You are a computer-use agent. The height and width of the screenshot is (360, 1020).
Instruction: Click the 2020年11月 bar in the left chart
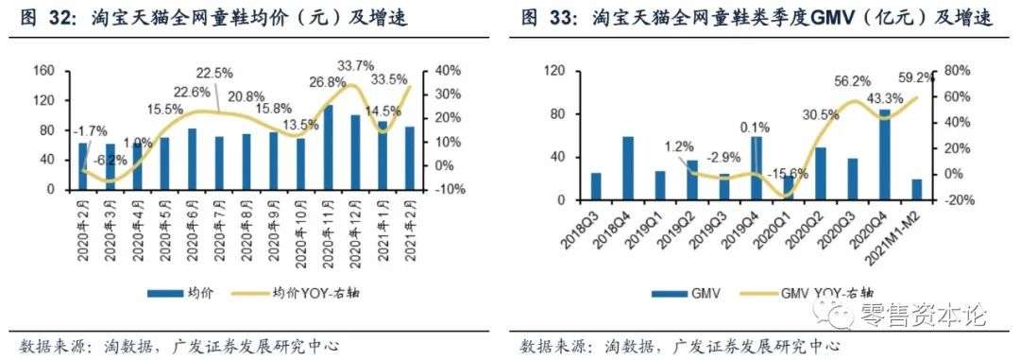[329, 147]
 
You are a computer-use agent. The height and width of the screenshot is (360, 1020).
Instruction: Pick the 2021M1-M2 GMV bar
[916, 190]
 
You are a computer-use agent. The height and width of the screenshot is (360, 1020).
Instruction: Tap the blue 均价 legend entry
[179, 294]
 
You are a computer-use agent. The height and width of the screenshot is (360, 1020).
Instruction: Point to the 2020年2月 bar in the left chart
[83, 165]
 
